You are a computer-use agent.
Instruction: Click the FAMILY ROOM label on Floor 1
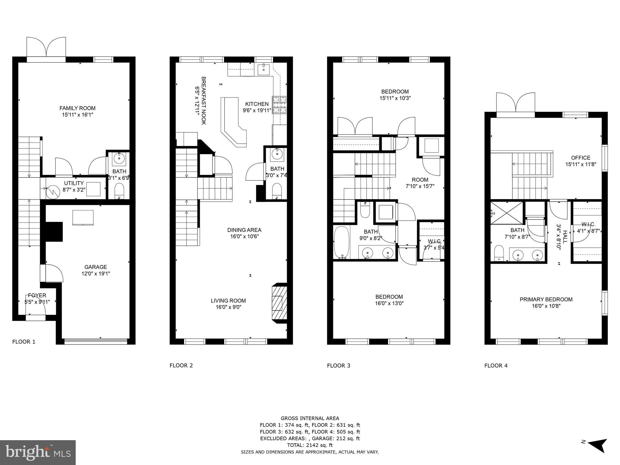click(77, 108)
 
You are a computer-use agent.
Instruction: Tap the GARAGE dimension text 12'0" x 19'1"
click(96, 274)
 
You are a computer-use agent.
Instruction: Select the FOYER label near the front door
click(37, 295)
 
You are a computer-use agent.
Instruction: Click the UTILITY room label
click(74, 183)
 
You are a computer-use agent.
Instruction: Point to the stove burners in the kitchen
click(280, 105)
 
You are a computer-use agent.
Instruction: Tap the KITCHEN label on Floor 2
click(257, 104)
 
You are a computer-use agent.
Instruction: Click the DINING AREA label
click(244, 230)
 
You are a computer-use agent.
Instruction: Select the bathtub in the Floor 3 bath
click(341, 242)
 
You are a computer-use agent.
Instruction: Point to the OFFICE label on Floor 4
click(580, 158)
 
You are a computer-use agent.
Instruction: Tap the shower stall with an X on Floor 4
click(506, 213)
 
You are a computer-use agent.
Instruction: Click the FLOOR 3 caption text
click(338, 366)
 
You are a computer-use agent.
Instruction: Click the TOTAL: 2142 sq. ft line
click(310, 445)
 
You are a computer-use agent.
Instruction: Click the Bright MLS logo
click(38, 453)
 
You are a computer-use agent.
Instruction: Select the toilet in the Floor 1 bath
click(119, 191)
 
